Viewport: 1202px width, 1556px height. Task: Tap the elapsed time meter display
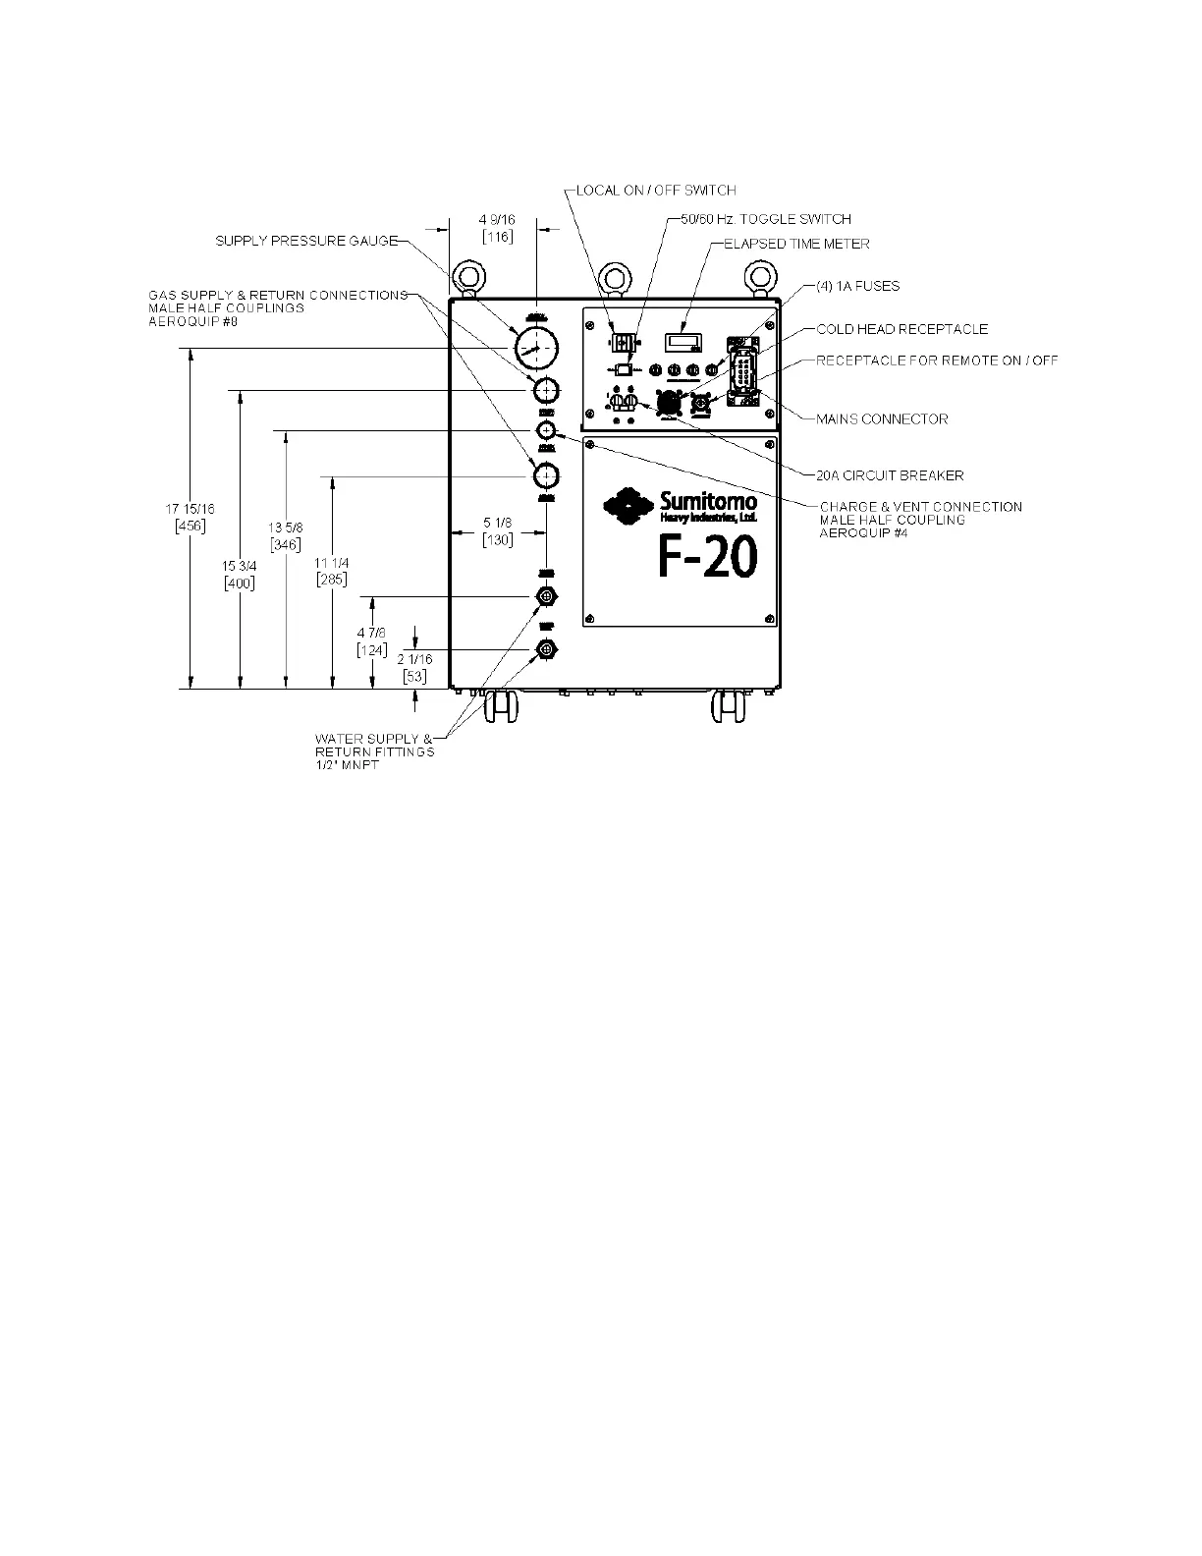pos(682,342)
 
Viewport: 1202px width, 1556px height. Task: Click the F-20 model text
pos(707,559)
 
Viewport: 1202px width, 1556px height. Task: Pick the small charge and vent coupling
pos(547,431)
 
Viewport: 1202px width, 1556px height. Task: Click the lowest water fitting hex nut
pos(547,649)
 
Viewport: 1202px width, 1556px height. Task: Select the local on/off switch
pos(621,343)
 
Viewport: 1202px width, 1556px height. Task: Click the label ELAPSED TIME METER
pos(796,244)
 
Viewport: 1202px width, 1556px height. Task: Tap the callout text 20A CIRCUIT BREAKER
pos(890,475)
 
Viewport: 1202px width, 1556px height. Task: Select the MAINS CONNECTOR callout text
pos(882,419)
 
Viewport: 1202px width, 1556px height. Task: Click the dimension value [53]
pos(414,676)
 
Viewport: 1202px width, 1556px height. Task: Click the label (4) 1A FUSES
pos(857,286)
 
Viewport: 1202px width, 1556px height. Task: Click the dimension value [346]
pos(285,544)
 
